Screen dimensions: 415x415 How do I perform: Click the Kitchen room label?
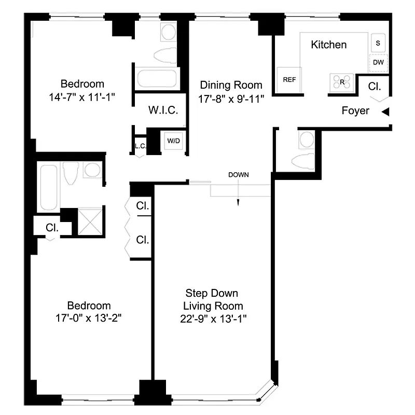click(328, 45)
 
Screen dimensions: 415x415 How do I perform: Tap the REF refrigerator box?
click(289, 80)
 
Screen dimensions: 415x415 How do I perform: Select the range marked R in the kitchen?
click(342, 81)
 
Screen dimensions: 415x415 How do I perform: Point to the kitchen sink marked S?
click(377, 43)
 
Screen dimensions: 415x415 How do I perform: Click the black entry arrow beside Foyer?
click(385, 112)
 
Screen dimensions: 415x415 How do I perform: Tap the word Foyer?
click(355, 110)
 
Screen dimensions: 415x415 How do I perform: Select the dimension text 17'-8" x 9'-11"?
click(231, 99)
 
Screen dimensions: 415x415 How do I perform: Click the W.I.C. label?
click(163, 110)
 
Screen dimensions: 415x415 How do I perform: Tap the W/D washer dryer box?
click(172, 140)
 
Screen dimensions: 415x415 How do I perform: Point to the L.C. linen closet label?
click(140, 146)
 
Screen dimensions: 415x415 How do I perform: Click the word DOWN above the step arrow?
click(239, 175)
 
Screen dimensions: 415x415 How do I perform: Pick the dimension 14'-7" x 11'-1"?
click(82, 97)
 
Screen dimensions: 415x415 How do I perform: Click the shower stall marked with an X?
click(88, 222)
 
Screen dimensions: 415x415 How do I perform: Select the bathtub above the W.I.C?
click(156, 79)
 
